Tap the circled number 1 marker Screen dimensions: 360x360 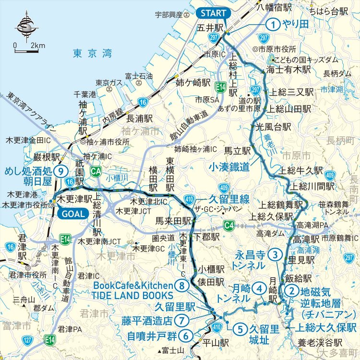coord(273,24)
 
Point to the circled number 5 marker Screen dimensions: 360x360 coord(240,329)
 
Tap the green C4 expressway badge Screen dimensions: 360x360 coord(230,225)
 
